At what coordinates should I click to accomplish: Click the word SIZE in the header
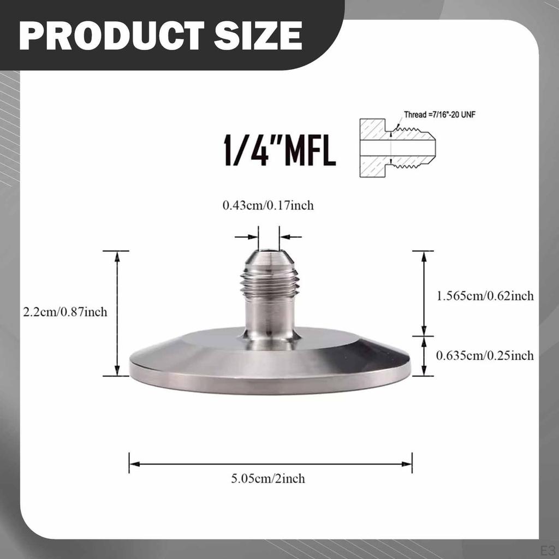pos(258,35)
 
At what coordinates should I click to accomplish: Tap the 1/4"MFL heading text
pos(279,150)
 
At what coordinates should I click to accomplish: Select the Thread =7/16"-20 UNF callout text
pos(439,115)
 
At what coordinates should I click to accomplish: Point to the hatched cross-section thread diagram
pos(397,147)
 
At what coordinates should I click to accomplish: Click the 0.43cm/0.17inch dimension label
pos(268,205)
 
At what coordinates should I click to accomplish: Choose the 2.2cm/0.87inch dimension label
pos(65,312)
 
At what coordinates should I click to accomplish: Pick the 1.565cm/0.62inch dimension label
pos(485,295)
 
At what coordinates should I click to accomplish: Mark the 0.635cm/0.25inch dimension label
pos(485,355)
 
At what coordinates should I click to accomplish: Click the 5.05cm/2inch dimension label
pos(268,478)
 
